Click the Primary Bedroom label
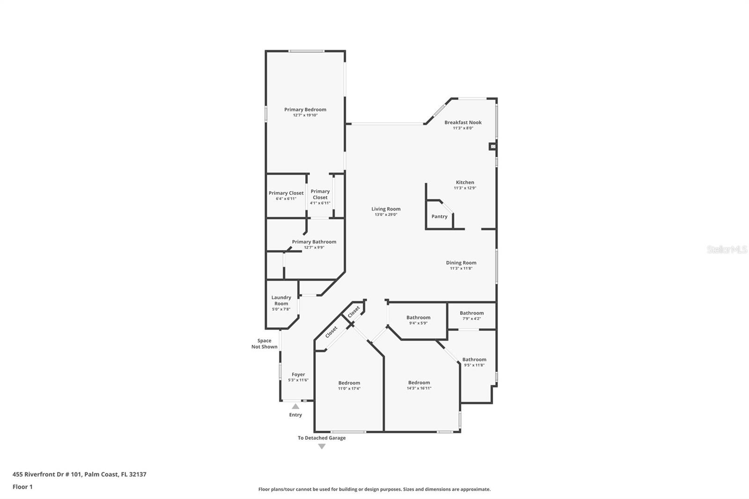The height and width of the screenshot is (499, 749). (x=305, y=110)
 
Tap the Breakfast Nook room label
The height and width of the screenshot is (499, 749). (x=463, y=122)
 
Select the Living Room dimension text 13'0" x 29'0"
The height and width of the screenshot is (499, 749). (x=386, y=215)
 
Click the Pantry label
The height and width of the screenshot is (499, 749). (x=439, y=216)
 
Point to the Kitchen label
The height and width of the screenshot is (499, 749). (x=465, y=182)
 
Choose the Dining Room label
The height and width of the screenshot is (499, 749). (x=461, y=263)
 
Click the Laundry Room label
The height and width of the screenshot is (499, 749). (x=281, y=301)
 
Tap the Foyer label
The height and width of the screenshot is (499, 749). (x=298, y=374)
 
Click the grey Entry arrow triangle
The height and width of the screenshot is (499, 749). (x=295, y=406)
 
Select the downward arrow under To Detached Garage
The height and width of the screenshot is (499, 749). (x=322, y=447)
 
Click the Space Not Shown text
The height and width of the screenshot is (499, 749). (x=264, y=344)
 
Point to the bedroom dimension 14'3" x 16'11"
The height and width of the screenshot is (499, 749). (x=419, y=389)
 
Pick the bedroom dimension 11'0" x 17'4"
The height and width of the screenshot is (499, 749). (x=349, y=389)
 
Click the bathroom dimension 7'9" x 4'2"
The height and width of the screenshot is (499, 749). (x=471, y=319)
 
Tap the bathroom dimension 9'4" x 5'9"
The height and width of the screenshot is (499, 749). (x=419, y=323)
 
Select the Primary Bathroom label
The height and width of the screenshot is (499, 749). (x=314, y=242)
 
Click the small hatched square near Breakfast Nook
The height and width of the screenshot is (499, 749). (x=492, y=147)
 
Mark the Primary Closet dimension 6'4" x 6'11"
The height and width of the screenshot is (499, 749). (x=286, y=198)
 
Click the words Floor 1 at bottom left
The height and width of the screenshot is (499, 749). (x=22, y=487)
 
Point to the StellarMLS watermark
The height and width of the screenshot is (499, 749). (x=727, y=249)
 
